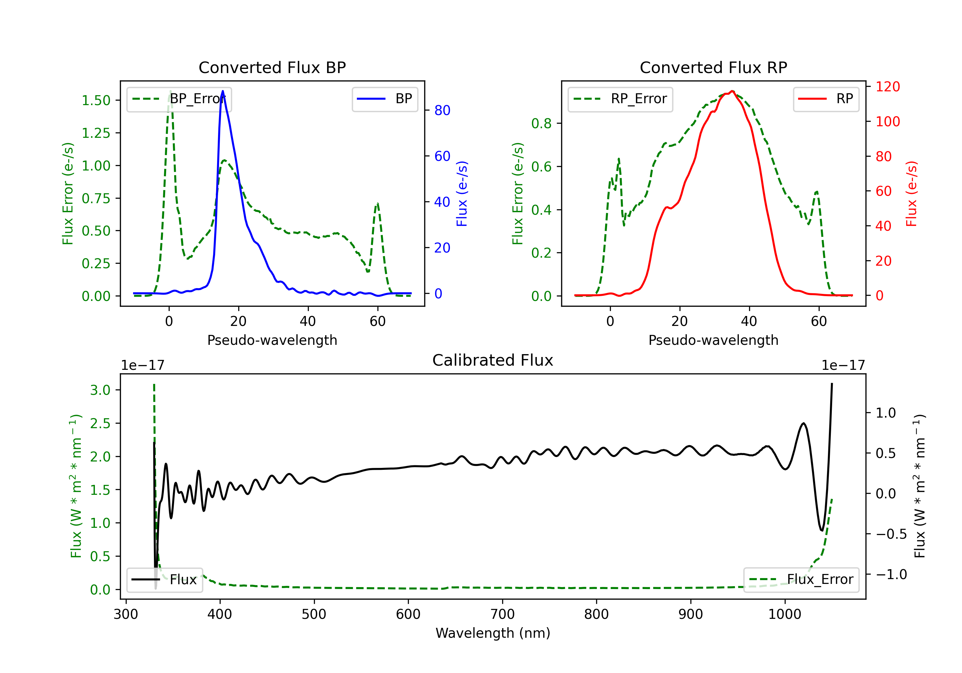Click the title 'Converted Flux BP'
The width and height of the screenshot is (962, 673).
click(x=272, y=67)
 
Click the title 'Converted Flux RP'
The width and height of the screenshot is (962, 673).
click(x=713, y=67)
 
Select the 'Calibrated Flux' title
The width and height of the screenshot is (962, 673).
click(x=493, y=360)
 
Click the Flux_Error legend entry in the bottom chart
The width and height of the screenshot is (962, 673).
click(x=801, y=580)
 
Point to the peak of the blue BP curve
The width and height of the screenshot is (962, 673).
click(x=223, y=91)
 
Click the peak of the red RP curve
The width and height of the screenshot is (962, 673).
click(x=732, y=91)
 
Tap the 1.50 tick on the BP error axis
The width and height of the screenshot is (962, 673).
click(x=96, y=101)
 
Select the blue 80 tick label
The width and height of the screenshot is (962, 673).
click(x=442, y=111)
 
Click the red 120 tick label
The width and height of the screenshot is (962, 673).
click(x=887, y=87)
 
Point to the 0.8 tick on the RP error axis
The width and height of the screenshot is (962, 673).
click(x=541, y=124)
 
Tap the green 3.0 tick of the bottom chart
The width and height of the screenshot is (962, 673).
click(x=100, y=390)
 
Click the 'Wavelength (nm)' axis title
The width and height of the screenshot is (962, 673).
click(x=493, y=633)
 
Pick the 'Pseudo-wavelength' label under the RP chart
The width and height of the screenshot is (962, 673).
click(x=713, y=340)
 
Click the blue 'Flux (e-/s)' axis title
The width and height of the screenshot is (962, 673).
click(x=462, y=194)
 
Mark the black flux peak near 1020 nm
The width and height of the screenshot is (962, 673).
click(x=803, y=423)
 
